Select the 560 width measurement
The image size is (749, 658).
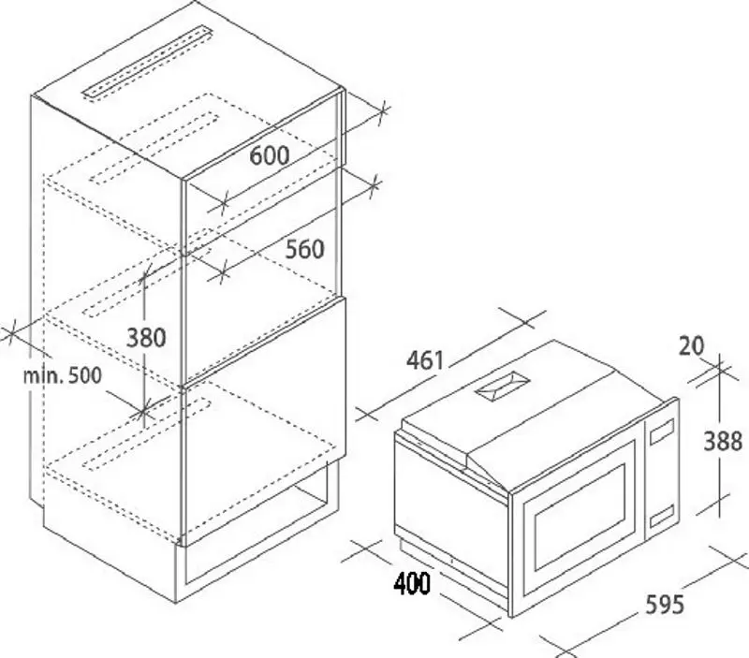tap(303, 248)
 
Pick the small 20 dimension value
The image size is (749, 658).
tap(692, 345)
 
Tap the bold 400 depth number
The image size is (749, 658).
tap(412, 585)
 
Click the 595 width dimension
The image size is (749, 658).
tap(664, 604)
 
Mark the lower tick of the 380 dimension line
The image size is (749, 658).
tap(143, 409)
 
